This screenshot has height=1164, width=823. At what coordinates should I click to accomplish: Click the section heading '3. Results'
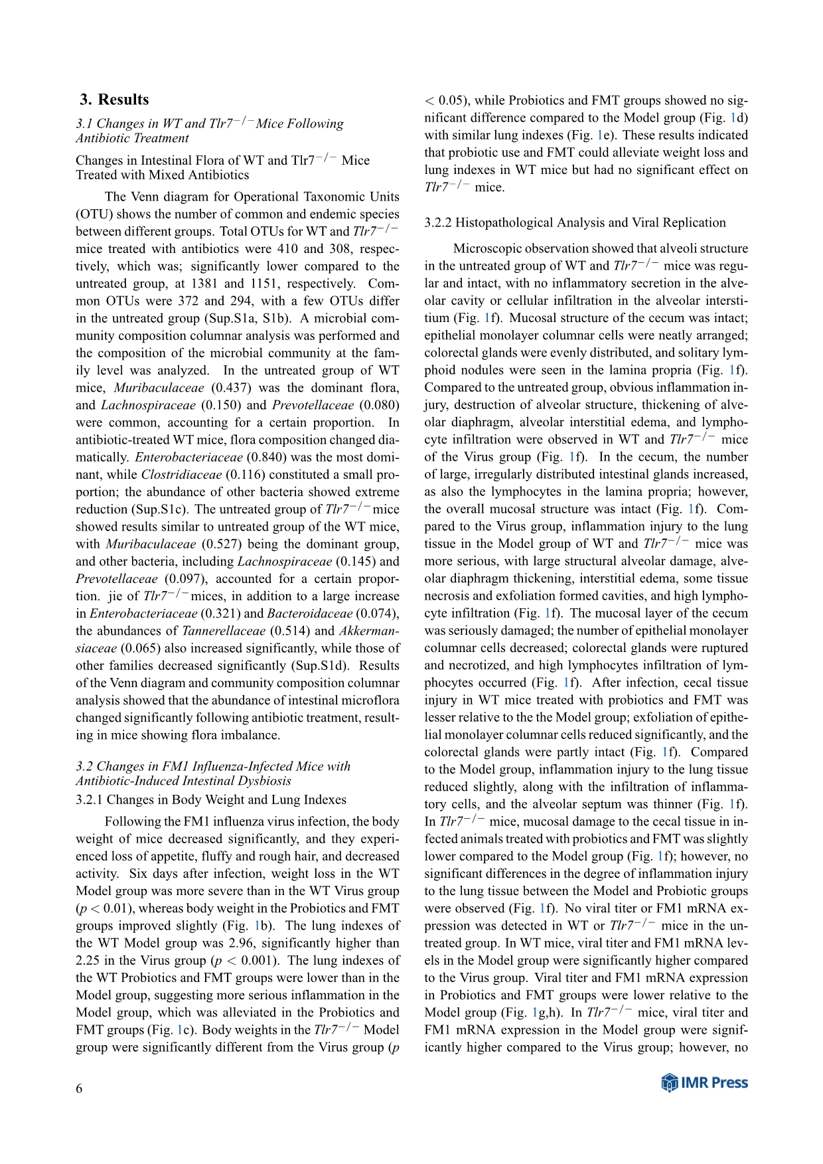(x=114, y=100)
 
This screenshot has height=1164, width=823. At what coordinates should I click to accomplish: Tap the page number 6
(x=80, y=1088)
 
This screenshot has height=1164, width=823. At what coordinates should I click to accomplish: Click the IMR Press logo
(x=704, y=1083)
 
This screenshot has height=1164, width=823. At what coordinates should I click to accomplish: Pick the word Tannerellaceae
(x=223, y=631)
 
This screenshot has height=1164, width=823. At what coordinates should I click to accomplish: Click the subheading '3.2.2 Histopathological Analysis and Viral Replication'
(x=575, y=222)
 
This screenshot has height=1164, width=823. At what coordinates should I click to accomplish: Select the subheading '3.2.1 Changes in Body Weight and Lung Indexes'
(x=211, y=799)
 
